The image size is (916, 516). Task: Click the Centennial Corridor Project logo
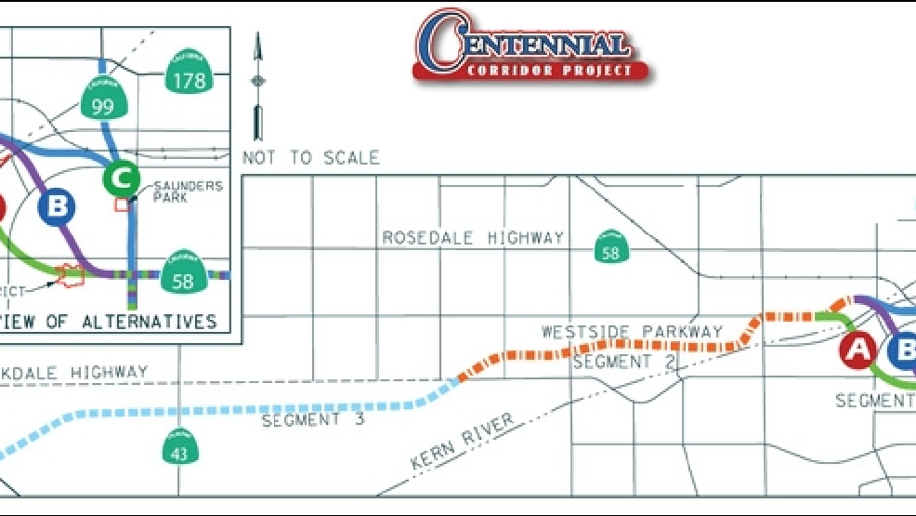[x=531, y=46]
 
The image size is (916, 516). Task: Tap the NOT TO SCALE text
[x=310, y=157]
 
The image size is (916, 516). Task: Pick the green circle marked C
[x=121, y=176]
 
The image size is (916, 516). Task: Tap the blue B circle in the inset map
[x=57, y=206]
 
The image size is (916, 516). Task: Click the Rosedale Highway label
[x=473, y=238]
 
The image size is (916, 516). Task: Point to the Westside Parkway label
[x=632, y=331]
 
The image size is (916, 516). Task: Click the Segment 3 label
[x=313, y=420]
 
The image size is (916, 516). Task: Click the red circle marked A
[x=857, y=350]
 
